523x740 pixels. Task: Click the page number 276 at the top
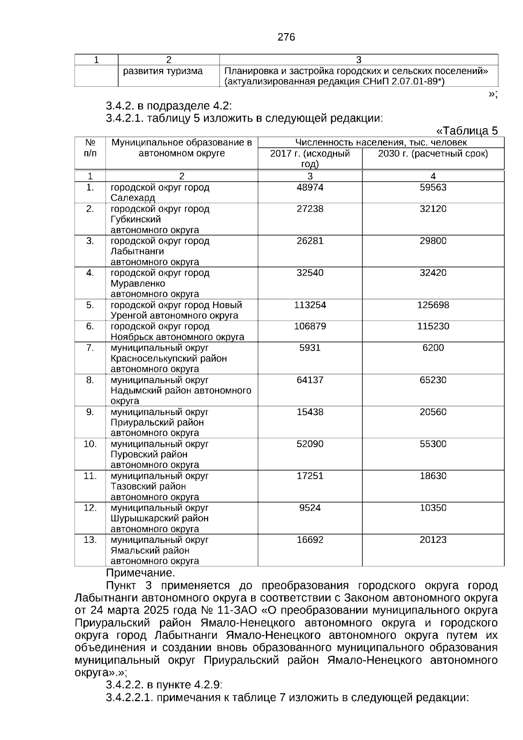[286, 38]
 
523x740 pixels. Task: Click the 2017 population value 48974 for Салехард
[310, 188]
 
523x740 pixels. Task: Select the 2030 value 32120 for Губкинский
[433, 209]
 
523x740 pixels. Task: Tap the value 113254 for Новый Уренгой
[310, 305]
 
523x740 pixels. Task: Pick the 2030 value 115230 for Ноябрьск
[433, 327]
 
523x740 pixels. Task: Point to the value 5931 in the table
[310, 348]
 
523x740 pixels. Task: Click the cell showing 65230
[433, 380]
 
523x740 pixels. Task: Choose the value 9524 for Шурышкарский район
[310, 508]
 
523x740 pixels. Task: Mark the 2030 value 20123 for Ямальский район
[433, 540]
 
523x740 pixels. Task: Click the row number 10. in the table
[90, 444]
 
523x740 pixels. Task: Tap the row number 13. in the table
[90, 540]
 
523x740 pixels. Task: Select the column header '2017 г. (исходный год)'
[310, 159]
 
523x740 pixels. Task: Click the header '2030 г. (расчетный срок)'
[433, 154]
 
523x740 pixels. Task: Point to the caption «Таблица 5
[467, 131]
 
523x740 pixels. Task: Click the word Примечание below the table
[140, 573]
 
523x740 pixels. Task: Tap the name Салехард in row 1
[132, 198]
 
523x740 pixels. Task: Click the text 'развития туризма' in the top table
[163, 71]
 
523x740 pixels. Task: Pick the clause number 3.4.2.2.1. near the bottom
[129, 698]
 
